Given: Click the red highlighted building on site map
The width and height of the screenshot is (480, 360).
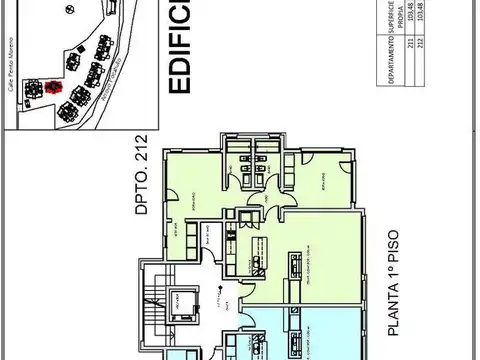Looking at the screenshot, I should point(54,85).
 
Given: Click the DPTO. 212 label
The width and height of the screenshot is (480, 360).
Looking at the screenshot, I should point(141,175).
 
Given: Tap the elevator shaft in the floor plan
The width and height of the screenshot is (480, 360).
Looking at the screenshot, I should point(182,300).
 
